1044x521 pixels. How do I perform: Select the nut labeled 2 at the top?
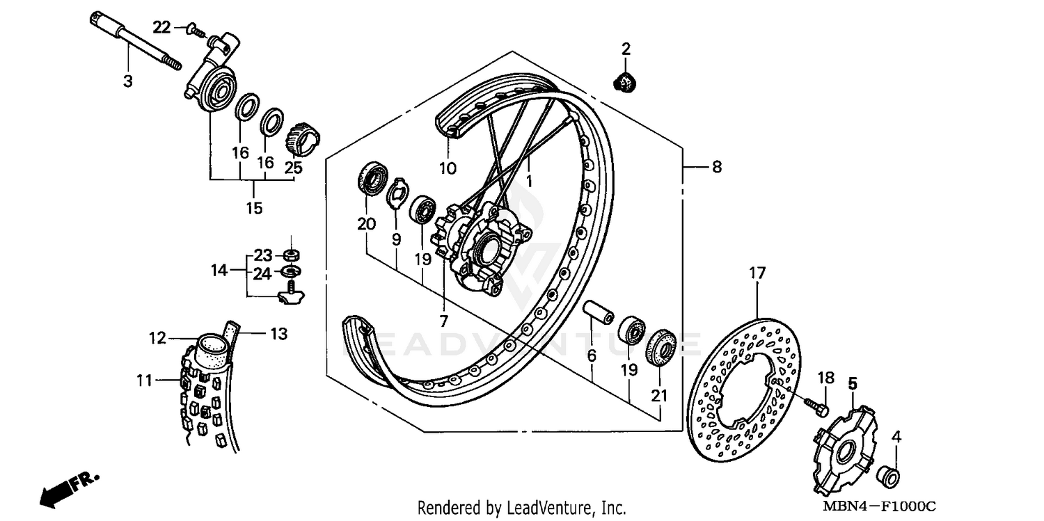tap(625, 83)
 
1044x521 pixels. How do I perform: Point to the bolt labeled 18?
tap(816, 406)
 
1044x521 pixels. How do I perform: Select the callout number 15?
tap(254, 208)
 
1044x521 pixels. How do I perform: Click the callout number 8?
tap(717, 167)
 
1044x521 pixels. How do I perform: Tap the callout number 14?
tap(219, 270)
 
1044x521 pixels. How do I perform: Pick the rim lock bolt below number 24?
tap(291, 296)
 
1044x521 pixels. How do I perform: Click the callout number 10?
tap(447, 168)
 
